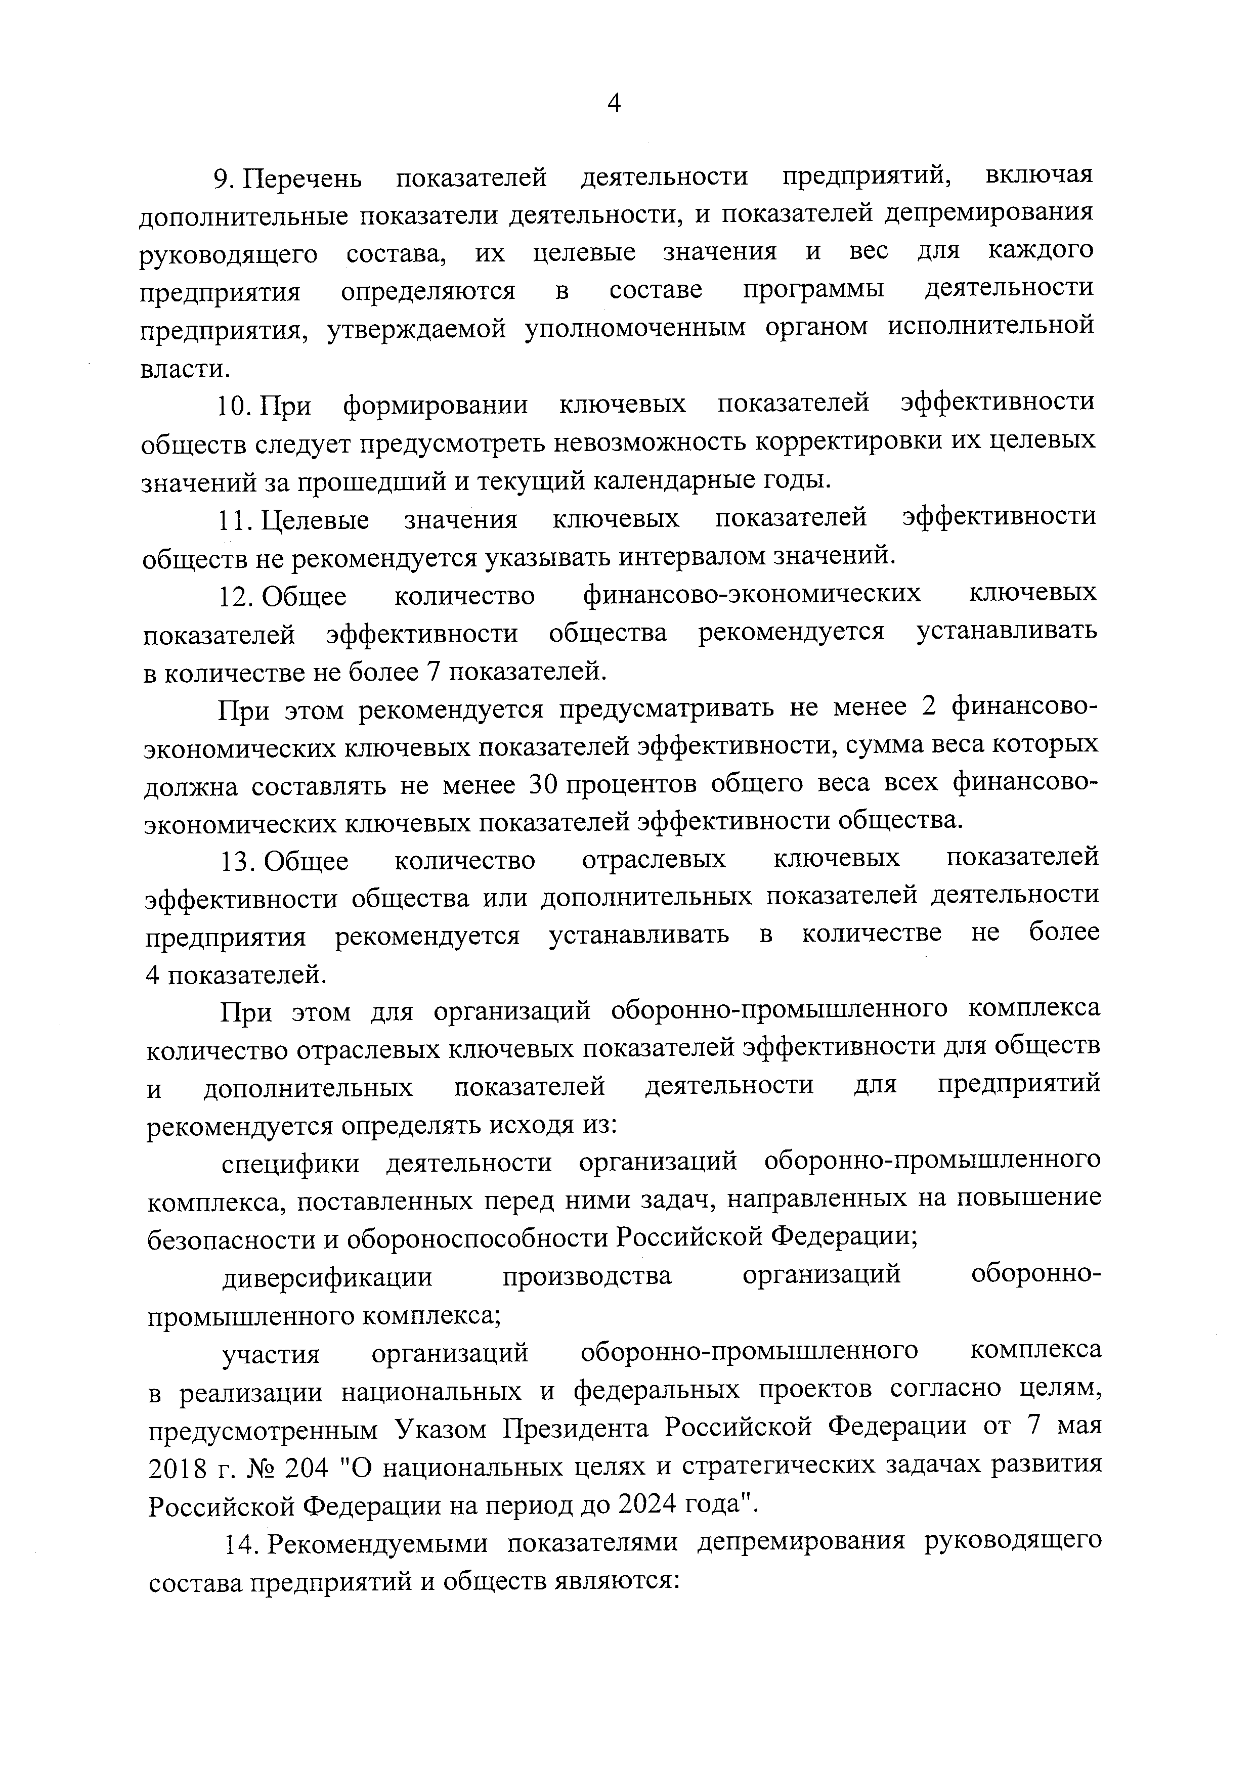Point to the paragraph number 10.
235,406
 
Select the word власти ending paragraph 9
185,368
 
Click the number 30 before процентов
545,785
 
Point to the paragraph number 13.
236,860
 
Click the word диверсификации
328,1277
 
